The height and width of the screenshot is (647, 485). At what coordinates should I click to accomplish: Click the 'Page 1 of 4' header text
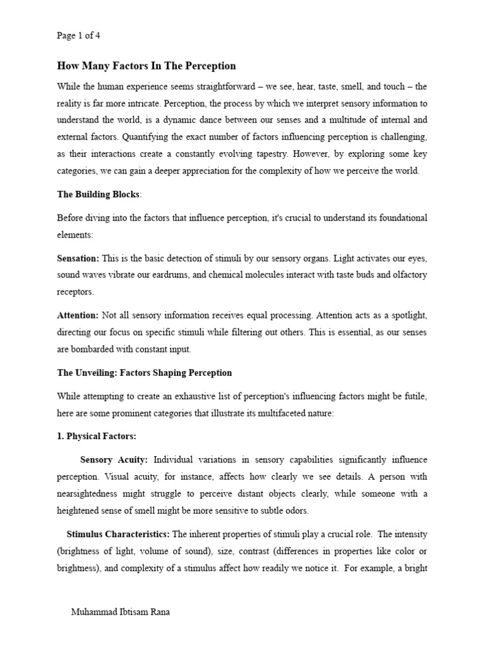pos(78,36)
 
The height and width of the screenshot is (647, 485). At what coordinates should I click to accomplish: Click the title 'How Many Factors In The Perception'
pos(147,66)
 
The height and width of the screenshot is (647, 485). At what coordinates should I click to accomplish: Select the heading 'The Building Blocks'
pos(98,194)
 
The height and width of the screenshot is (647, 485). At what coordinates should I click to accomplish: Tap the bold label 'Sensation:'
pos(78,259)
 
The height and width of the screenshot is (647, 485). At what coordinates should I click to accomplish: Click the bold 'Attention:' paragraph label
pos(78,315)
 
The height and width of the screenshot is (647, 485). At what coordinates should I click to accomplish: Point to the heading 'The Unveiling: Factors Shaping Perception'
pos(145,373)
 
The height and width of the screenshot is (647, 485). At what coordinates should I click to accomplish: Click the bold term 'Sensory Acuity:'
pos(114,459)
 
